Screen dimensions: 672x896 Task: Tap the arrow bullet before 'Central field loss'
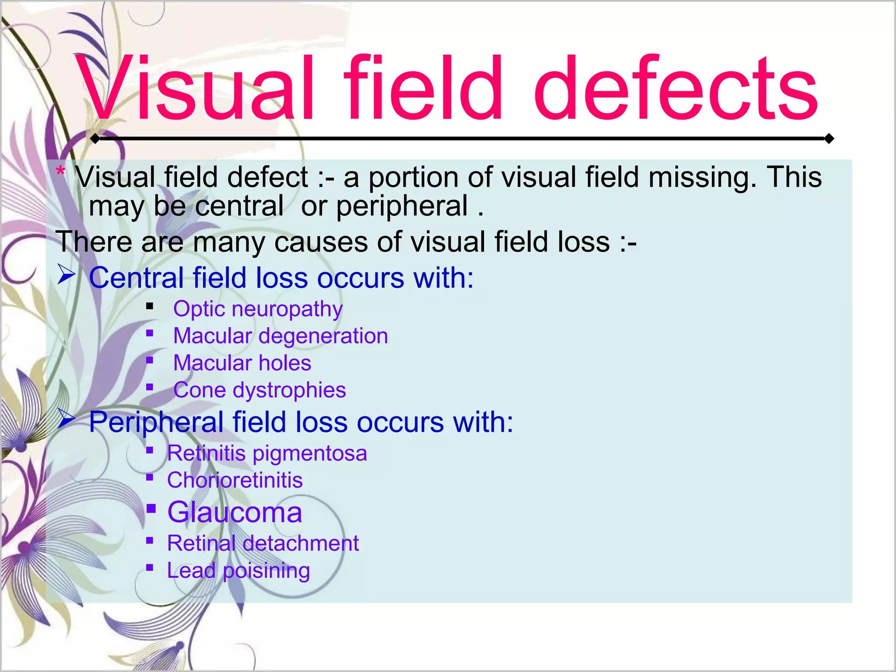[66, 275]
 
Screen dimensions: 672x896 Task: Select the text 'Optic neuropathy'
[258, 309]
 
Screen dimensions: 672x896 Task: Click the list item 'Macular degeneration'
[280, 336]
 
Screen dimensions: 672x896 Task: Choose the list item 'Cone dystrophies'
[259, 390]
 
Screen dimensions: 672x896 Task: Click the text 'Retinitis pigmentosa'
[267, 453]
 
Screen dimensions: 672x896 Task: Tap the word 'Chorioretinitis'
[235, 480]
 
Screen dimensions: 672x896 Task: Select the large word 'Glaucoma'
[235, 512]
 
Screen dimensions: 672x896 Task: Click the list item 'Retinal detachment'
[263, 543]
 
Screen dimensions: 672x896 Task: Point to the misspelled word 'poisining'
[266, 571]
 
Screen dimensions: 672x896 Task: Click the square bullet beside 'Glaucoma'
[151, 508]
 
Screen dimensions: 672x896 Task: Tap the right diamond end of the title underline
[829, 139]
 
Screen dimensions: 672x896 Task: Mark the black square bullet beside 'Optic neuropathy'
[150, 306]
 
